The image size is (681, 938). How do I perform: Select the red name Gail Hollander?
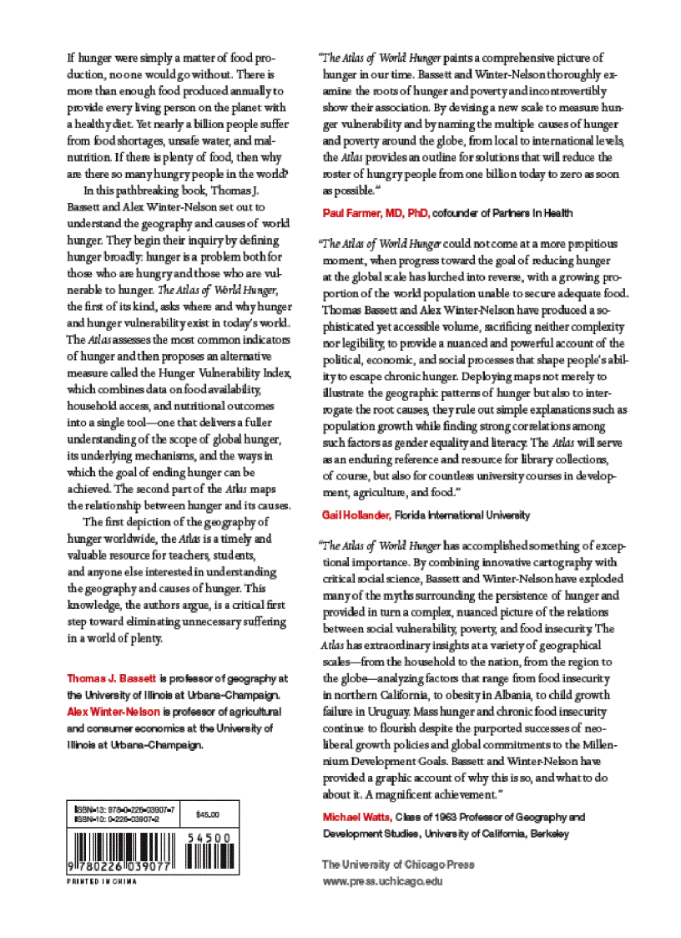[x=356, y=515]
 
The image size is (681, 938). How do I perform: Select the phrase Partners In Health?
[x=534, y=213]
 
